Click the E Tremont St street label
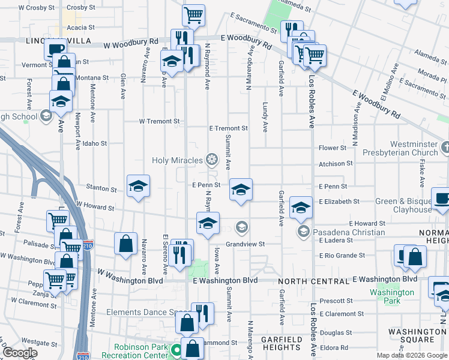[x=228, y=128]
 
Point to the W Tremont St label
[x=159, y=121]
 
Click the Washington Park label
[x=392, y=296]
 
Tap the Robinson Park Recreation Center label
[x=142, y=351]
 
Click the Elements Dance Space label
[x=148, y=313]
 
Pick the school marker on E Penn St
[x=241, y=191]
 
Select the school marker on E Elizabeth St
[x=301, y=208]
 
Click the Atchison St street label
[x=336, y=163]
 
